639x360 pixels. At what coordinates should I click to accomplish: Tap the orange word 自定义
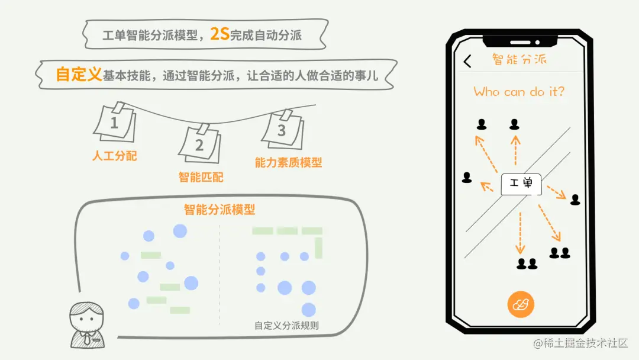[79, 75]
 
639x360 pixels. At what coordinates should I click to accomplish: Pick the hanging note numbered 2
[199, 143]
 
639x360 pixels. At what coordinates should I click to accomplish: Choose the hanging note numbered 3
[282, 130]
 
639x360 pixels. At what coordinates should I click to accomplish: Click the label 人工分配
[115, 156]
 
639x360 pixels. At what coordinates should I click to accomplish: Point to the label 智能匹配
[201, 177]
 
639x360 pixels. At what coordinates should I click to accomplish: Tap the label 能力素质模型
[288, 162]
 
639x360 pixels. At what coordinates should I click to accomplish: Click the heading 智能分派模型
[219, 210]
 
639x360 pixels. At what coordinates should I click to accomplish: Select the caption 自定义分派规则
[286, 325]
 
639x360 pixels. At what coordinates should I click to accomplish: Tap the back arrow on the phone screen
[467, 61]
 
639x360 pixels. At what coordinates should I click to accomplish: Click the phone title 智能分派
[519, 59]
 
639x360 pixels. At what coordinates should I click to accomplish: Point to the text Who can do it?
[519, 92]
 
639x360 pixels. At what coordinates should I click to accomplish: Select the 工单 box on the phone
[521, 184]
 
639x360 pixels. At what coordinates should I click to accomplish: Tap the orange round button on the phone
[521, 305]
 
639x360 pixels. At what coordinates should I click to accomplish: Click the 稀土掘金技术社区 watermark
[580, 343]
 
